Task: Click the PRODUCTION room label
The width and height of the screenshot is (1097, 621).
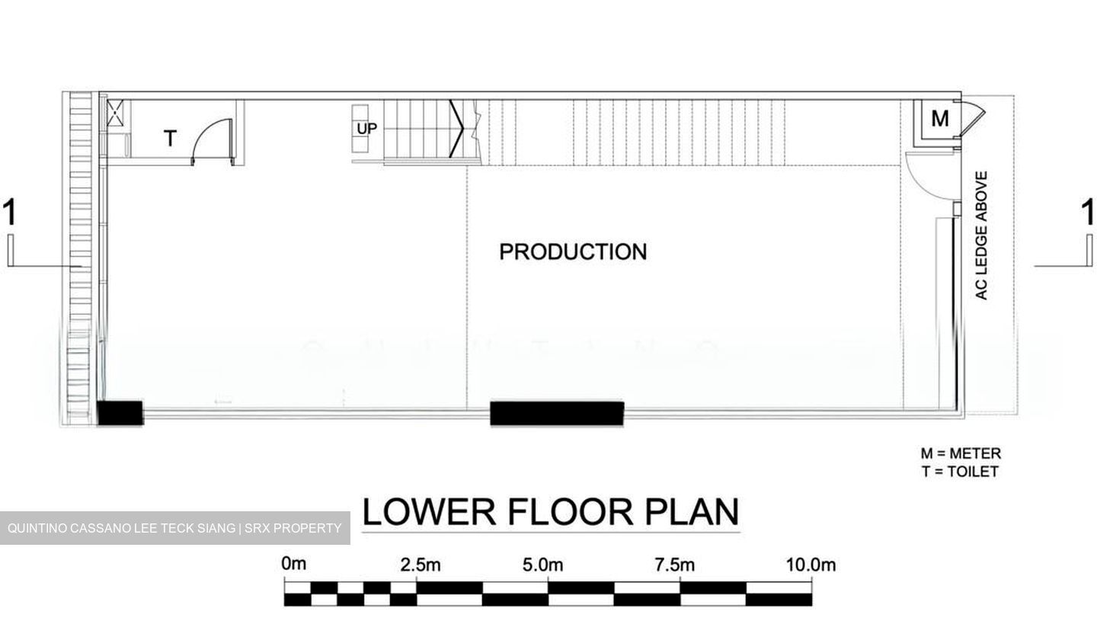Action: pyautogui.click(x=573, y=251)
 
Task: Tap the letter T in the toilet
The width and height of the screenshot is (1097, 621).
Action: pyautogui.click(x=170, y=139)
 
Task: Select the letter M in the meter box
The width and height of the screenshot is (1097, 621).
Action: pyautogui.click(x=939, y=119)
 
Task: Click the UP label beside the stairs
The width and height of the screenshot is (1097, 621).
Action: pyautogui.click(x=367, y=129)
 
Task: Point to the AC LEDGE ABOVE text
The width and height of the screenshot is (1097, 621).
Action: pyautogui.click(x=981, y=235)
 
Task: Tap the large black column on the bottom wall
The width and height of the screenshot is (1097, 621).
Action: pyautogui.click(x=557, y=413)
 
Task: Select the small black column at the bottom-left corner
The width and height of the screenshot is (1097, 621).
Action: pyautogui.click(x=120, y=413)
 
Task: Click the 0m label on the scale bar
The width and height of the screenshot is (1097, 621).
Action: pyautogui.click(x=294, y=564)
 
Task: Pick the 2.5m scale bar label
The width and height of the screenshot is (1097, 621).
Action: pyautogui.click(x=421, y=565)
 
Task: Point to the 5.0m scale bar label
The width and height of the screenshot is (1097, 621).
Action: pyautogui.click(x=542, y=565)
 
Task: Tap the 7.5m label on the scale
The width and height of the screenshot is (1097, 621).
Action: pyautogui.click(x=674, y=565)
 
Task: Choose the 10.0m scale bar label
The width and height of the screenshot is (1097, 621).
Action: pyautogui.click(x=811, y=565)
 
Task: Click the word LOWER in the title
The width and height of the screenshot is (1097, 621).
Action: pyautogui.click(x=429, y=512)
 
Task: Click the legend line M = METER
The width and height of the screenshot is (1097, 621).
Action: pyautogui.click(x=961, y=453)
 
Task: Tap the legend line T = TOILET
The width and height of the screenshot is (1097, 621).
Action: pyautogui.click(x=960, y=472)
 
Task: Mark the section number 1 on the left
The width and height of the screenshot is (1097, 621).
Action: pyautogui.click(x=9, y=212)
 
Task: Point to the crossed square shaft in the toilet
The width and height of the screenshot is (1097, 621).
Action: pyautogui.click(x=115, y=114)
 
